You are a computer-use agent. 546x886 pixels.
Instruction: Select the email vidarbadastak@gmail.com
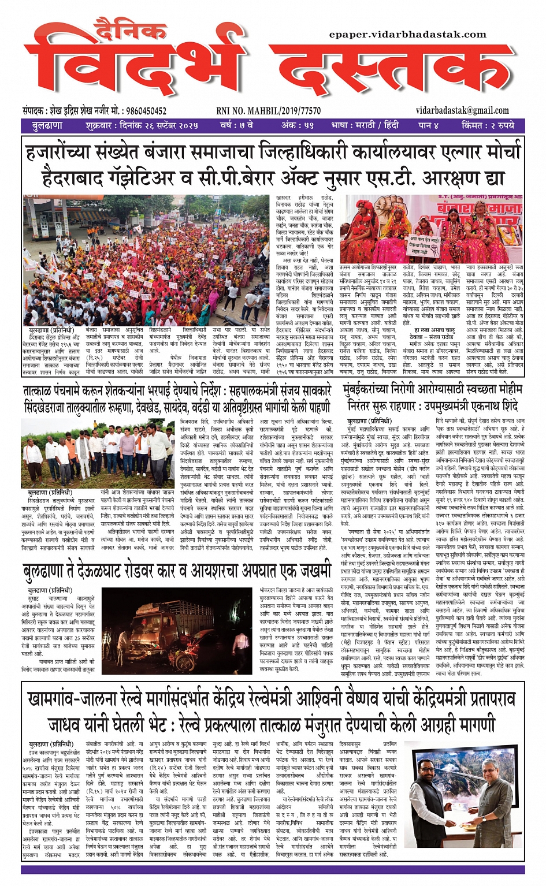(462, 110)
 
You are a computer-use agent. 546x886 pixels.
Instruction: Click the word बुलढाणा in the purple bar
(47, 125)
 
